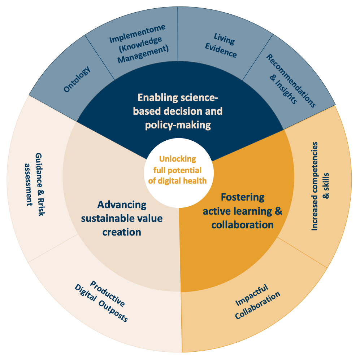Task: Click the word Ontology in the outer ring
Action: [x=77, y=79]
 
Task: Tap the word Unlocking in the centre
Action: [x=178, y=159]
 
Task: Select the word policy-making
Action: [x=178, y=125]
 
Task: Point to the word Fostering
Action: [x=243, y=197]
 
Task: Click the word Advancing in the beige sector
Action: [x=122, y=205]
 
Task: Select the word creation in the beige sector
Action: [x=122, y=232]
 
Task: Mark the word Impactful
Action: [x=252, y=294]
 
